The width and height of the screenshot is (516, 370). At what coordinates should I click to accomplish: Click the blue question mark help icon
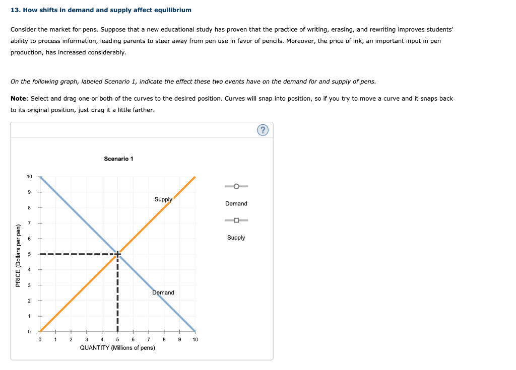click(x=263, y=130)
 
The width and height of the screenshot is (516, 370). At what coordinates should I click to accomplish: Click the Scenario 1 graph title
click(x=118, y=159)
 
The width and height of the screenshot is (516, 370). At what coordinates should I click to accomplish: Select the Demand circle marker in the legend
click(x=236, y=186)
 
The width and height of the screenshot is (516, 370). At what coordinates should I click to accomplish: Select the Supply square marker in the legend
click(x=236, y=220)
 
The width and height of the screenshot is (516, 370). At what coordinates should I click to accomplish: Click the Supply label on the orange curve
click(x=163, y=199)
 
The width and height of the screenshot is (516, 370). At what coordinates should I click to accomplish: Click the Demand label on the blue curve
click(x=163, y=292)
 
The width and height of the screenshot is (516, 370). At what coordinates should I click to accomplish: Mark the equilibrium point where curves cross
click(x=118, y=254)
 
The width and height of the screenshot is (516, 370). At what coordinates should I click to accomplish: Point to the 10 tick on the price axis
click(x=29, y=177)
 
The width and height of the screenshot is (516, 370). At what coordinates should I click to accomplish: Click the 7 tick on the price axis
click(x=29, y=223)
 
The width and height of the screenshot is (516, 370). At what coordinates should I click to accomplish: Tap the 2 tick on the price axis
click(x=29, y=301)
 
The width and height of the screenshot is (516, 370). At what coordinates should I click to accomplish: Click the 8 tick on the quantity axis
click(x=164, y=339)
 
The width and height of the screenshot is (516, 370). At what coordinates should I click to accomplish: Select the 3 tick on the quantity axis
click(x=87, y=339)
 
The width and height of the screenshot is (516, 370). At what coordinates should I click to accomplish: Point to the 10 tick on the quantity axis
click(x=195, y=339)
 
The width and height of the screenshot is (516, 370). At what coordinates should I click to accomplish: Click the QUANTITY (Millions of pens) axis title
click(x=117, y=348)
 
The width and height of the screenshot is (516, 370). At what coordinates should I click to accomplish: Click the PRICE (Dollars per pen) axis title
click(x=18, y=256)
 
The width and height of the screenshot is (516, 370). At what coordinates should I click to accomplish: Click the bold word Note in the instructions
click(x=19, y=99)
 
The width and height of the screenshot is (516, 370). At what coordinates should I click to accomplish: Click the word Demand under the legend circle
click(x=236, y=203)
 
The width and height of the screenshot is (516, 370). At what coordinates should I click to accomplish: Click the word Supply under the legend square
click(x=236, y=238)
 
